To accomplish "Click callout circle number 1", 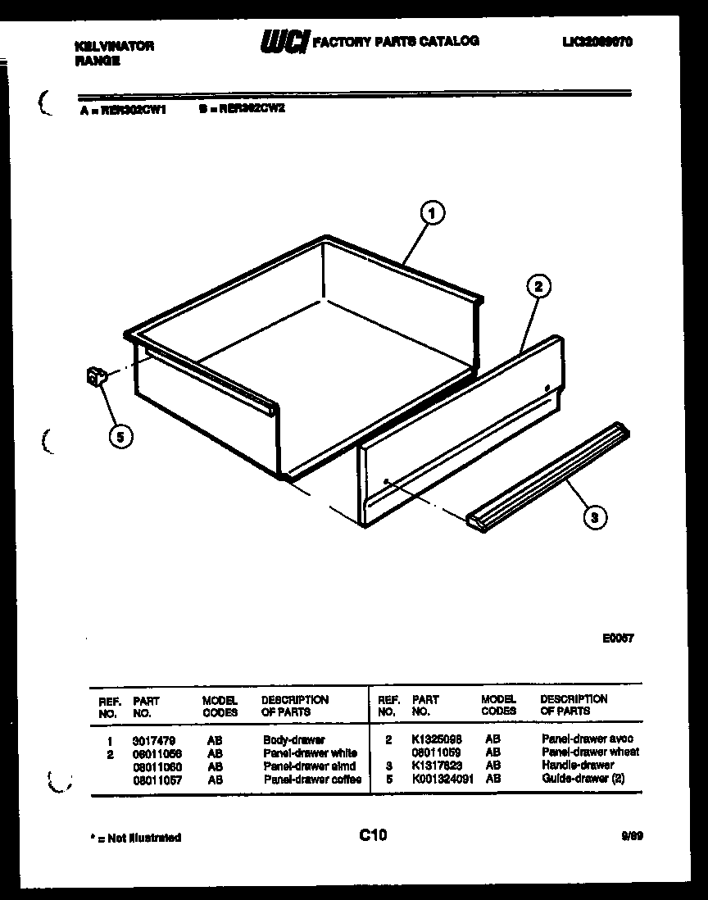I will click(x=431, y=214).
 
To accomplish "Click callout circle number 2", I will click(x=538, y=286).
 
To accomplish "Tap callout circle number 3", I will click(x=595, y=516).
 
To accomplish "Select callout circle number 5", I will click(x=120, y=437).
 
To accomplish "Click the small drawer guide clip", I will click(x=96, y=377).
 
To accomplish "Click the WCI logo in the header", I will click(x=281, y=42).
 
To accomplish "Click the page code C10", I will click(x=373, y=835).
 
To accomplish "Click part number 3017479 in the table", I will click(x=153, y=740).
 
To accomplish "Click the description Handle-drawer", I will click(x=578, y=766).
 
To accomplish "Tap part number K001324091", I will click(x=442, y=779).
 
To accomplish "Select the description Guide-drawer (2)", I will click(x=583, y=779).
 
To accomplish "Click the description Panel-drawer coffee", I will click(x=312, y=780).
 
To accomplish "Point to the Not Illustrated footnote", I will click(x=134, y=838).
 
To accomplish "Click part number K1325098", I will click(x=436, y=739).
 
